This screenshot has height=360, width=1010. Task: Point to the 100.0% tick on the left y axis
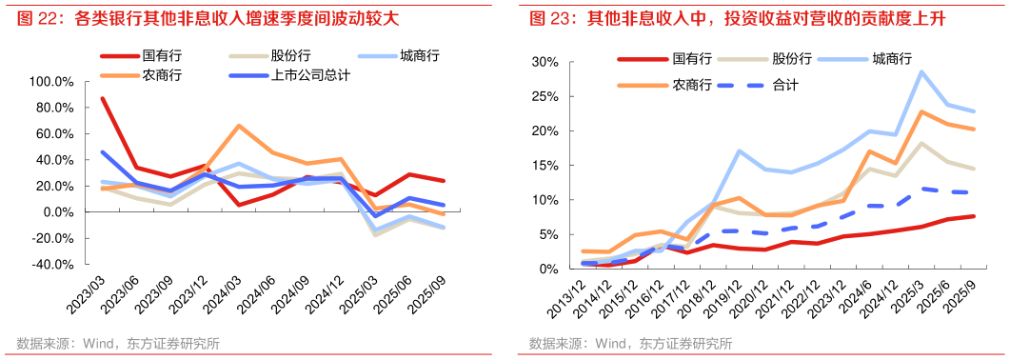pyautogui.click(x=53, y=82)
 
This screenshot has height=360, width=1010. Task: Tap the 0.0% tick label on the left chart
pyautogui.click(x=59, y=212)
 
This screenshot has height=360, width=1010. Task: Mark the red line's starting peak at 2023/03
pyautogui.click(x=102, y=98)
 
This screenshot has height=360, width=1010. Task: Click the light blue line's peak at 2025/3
pyautogui.click(x=921, y=71)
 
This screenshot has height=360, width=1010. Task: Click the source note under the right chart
pyautogui.click(x=629, y=344)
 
